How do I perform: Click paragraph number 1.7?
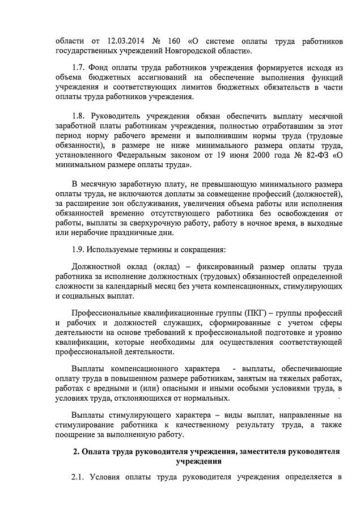click(78, 69)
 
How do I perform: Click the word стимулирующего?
click(143, 416)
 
